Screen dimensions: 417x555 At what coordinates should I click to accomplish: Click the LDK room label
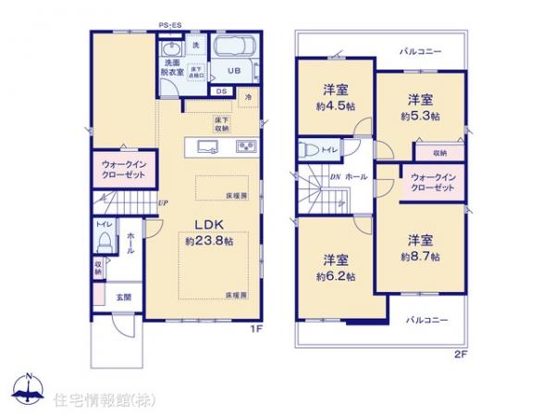tap(204, 222)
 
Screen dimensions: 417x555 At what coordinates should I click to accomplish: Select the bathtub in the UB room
tap(237, 48)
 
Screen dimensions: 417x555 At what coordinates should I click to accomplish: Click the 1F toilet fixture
tap(104, 240)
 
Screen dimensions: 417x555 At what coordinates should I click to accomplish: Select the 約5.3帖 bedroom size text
tap(419, 117)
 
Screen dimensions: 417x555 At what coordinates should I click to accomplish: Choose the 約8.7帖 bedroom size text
tap(420, 255)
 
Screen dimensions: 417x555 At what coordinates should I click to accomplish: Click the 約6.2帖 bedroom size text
tap(333, 274)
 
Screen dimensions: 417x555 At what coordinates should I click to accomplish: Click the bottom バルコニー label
tap(425, 319)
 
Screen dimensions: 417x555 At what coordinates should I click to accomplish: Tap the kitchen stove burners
tap(247, 145)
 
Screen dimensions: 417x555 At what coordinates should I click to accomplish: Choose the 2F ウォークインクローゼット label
tap(431, 182)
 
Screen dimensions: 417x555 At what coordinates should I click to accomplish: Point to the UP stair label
tap(163, 203)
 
